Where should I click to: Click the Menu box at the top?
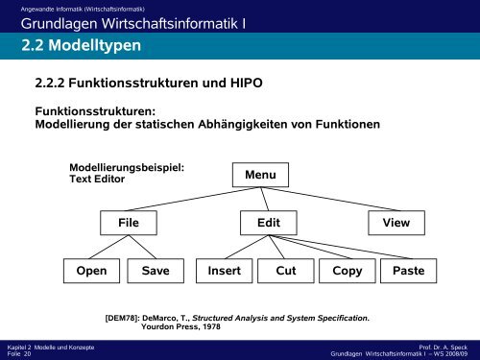click(260, 176)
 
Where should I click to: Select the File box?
click(130, 223)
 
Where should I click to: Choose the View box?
click(396, 223)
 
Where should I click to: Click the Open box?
click(92, 271)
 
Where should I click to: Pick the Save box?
click(155, 271)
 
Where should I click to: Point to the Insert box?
click(223, 271)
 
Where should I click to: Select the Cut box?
click(285, 271)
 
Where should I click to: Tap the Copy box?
click(347, 271)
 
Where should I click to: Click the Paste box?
click(409, 271)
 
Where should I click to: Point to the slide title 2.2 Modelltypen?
click(74, 46)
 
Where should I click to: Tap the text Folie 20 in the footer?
click(19, 353)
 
